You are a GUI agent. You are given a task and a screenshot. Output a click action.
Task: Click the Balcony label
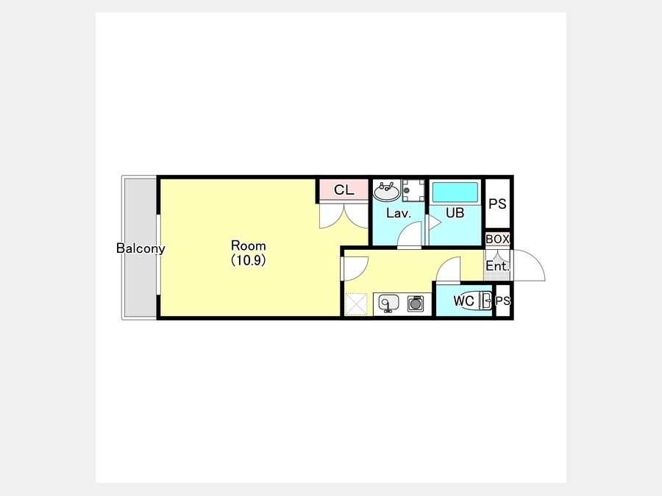tap(140, 248)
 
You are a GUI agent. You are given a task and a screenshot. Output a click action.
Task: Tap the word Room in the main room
tap(249, 245)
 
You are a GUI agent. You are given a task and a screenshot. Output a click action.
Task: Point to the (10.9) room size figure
tap(249, 261)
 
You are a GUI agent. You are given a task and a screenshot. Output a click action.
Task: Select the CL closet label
tap(344, 190)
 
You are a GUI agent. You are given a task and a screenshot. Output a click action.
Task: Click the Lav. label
tap(399, 213)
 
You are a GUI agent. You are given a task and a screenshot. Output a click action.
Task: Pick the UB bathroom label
tap(455, 213)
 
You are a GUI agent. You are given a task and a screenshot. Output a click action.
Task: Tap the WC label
tap(463, 301)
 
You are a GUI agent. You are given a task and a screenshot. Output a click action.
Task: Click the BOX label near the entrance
tap(497, 239)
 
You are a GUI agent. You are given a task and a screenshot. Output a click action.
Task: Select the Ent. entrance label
tap(497, 266)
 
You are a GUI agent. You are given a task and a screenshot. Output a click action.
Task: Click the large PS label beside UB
tap(497, 204)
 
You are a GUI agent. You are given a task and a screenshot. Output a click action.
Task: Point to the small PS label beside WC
tap(502, 301)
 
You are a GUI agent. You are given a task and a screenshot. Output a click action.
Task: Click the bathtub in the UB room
tap(455, 193)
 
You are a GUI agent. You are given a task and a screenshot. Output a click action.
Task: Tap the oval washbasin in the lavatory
tap(386, 193)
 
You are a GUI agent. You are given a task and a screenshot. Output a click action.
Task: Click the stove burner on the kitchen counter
tap(416, 303)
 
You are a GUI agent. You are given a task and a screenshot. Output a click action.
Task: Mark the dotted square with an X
tap(356, 304)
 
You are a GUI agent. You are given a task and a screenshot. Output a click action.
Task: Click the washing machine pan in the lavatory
tap(413, 191)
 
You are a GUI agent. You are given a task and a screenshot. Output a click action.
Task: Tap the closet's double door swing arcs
tap(344, 216)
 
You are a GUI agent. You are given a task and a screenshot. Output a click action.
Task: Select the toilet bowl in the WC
tap(472, 301)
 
